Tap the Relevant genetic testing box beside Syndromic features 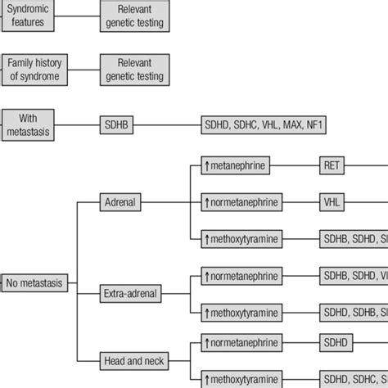click(134, 16)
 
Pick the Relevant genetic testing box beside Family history click(134, 70)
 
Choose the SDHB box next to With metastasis click(116, 125)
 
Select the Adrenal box click(121, 201)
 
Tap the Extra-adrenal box click(129, 291)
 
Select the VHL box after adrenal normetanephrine click(332, 201)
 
